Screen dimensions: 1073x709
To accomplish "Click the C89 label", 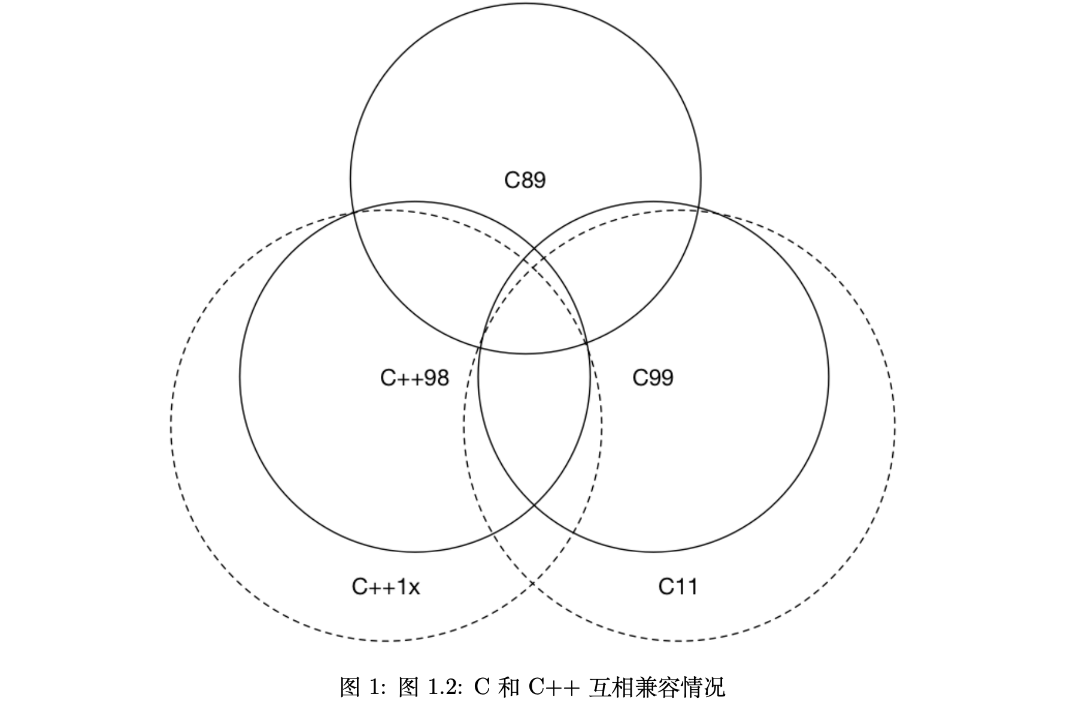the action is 525,180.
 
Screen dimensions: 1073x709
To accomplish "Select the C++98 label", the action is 414,378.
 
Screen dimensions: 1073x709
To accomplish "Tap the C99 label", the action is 653,378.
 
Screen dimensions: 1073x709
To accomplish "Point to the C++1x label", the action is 386,587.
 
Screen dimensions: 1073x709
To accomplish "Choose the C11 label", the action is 678,587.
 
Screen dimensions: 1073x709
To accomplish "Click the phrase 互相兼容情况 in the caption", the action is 657,687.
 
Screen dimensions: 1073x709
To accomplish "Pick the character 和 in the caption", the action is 508,687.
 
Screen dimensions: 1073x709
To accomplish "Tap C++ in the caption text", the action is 554,687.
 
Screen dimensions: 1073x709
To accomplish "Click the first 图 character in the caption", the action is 350,687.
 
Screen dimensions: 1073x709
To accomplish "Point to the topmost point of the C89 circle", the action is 525,3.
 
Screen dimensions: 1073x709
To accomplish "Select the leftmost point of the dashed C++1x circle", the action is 171,425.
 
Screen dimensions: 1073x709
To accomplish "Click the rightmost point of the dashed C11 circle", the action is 895,425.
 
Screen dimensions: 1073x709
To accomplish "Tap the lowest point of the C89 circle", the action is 525,354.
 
